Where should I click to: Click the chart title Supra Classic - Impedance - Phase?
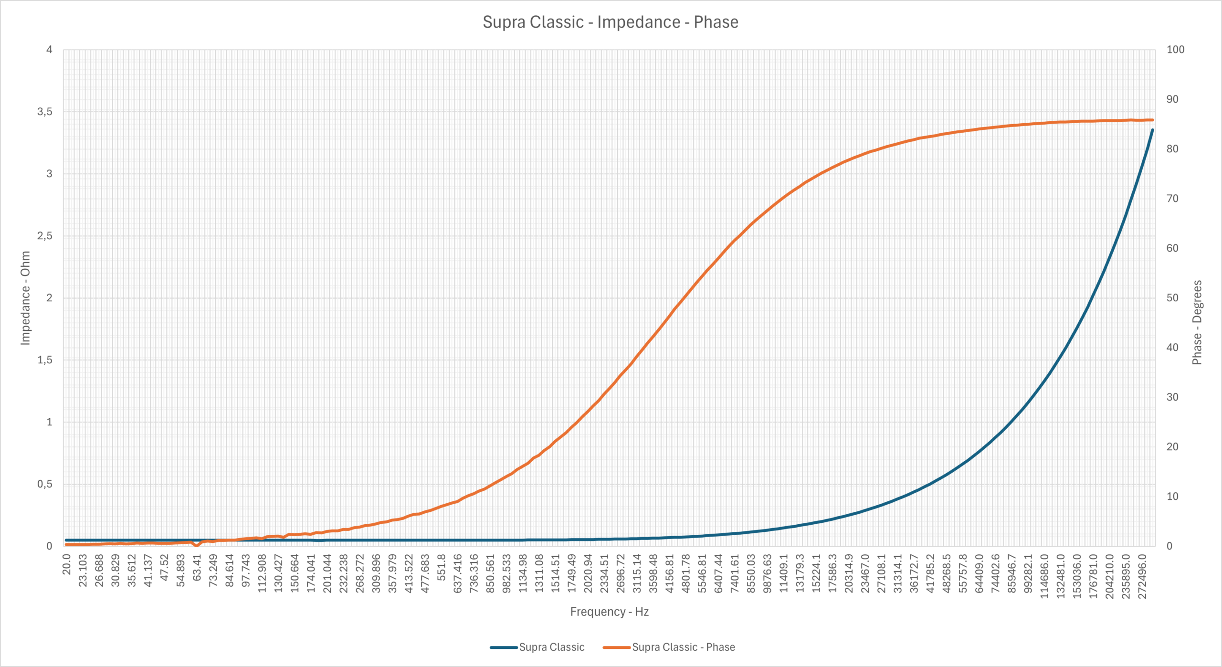[611, 22]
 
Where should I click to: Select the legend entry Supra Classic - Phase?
[669, 647]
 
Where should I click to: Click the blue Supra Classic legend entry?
[537, 647]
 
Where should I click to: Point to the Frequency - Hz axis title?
[609, 612]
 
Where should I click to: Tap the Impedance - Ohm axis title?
[25, 298]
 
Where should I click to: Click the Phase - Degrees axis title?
[1197, 322]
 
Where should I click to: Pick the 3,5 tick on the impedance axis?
[45, 112]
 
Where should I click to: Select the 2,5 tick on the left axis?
[45, 236]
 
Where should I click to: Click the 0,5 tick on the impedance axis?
[45, 484]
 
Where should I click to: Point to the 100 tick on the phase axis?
[1175, 50]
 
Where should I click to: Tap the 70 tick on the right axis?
[1172, 199]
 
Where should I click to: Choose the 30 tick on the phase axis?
[1172, 397]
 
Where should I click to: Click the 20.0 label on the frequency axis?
[66, 564]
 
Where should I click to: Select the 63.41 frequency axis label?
[197, 567]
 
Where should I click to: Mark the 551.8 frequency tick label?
[442, 567]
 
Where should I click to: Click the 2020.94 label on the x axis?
[588, 573]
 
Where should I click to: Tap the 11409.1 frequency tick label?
[784, 573]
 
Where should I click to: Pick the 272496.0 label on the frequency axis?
[1142, 576]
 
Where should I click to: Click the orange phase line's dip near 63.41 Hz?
[197, 545]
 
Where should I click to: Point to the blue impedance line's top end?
[1152, 130]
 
